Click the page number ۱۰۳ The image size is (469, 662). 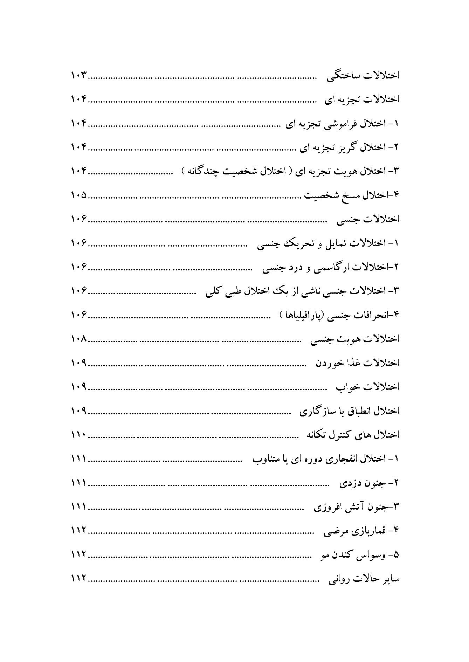point(79,75)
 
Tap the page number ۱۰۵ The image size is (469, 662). point(79,195)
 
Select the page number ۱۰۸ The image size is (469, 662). point(79,339)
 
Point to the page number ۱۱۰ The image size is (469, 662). point(79,435)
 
